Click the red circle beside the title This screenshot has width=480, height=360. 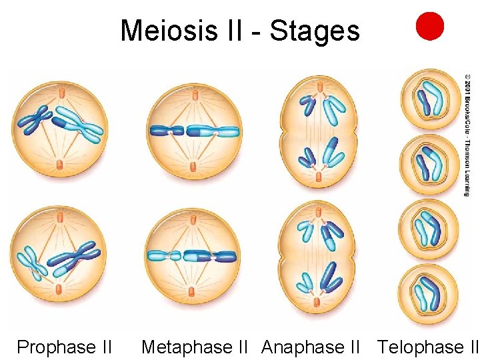pyautogui.click(x=430, y=26)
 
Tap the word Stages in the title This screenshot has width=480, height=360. pyautogui.click(x=315, y=31)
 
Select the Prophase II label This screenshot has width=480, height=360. pyautogui.click(x=64, y=347)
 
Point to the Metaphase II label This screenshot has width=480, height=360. pyautogui.click(x=195, y=347)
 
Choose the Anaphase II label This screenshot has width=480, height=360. pyautogui.click(x=310, y=347)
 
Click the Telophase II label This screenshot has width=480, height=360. pyautogui.click(x=428, y=347)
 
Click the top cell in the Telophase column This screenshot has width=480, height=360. pyautogui.click(x=430, y=99)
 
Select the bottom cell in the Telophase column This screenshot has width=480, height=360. pyautogui.click(x=430, y=294)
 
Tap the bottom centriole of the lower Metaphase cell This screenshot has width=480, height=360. pyautogui.click(x=192, y=290)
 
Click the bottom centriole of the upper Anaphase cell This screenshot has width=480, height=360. pyautogui.click(x=318, y=177)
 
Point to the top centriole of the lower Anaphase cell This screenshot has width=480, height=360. pyautogui.click(x=318, y=212)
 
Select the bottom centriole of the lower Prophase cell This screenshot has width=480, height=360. pyautogui.click(x=59, y=290)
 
